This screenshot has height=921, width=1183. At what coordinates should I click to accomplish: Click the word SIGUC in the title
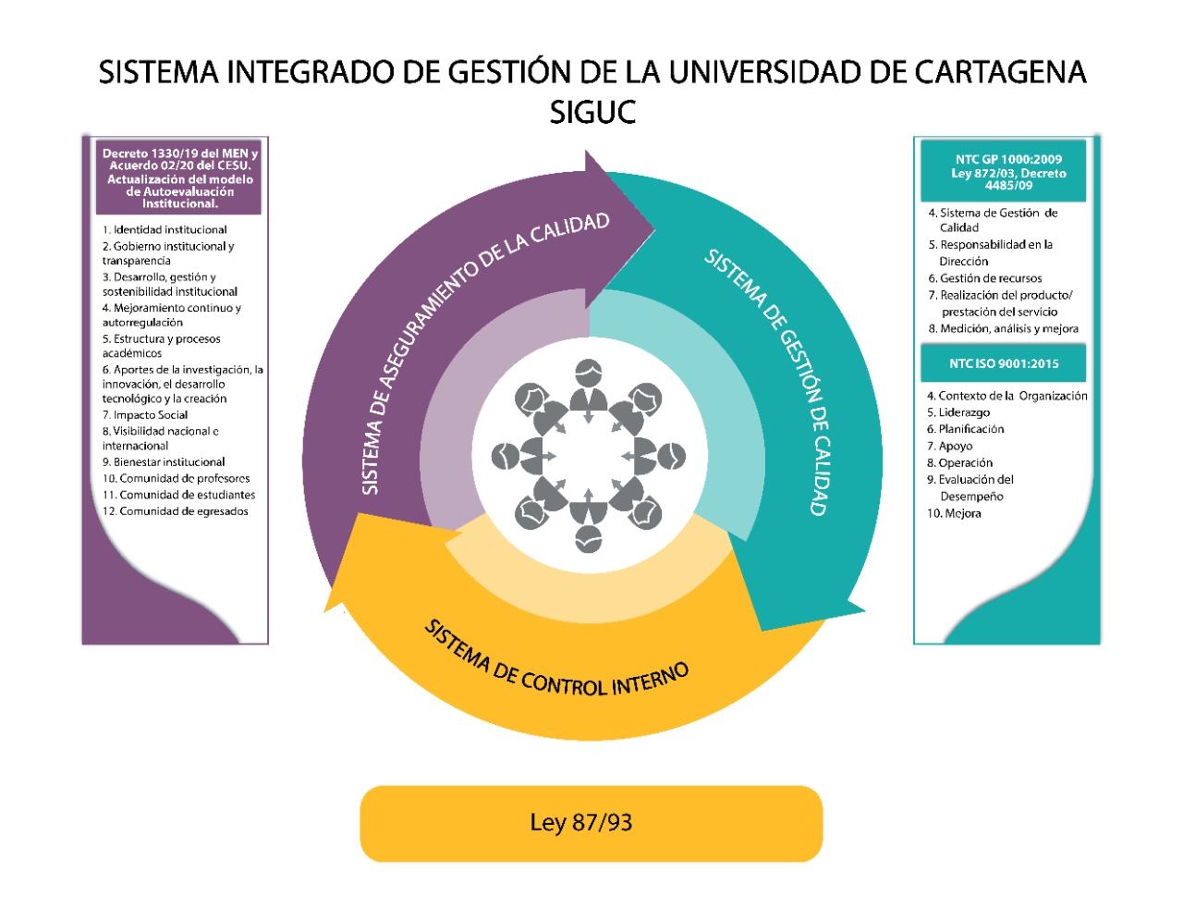point(592,112)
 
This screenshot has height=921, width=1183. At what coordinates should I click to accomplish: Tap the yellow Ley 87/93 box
point(591,823)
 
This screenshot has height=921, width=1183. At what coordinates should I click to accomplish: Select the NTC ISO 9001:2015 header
point(1004,363)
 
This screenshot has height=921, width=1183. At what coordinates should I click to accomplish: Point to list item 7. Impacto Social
point(145,415)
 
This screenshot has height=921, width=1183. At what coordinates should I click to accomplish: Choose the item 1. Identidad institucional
point(165,229)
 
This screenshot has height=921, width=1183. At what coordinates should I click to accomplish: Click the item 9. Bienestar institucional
point(164,462)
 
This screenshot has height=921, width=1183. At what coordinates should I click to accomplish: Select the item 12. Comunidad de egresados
point(176,511)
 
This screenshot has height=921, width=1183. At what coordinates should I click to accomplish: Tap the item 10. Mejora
point(954,513)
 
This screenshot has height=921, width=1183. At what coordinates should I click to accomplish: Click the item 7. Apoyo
point(950,446)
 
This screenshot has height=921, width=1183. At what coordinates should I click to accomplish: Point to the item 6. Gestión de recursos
point(985,278)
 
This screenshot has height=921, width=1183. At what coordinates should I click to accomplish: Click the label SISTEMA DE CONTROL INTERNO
point(556,664)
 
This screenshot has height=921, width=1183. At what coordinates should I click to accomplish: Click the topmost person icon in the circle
point(589,387)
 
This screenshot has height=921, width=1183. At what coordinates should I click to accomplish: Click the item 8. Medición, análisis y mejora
point(1003,328)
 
